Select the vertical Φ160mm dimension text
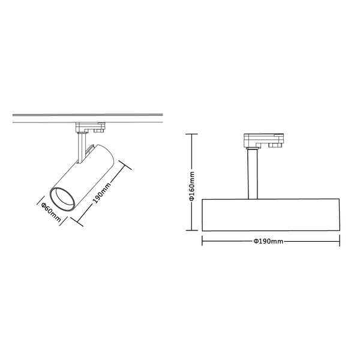(192, 183)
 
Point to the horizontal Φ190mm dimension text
(269, 241)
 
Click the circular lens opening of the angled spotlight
(61, 199)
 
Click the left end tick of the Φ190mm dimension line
(203, 241)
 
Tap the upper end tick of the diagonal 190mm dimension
(124, 164)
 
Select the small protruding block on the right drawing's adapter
(277, 145)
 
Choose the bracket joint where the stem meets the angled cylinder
(88, 149)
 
